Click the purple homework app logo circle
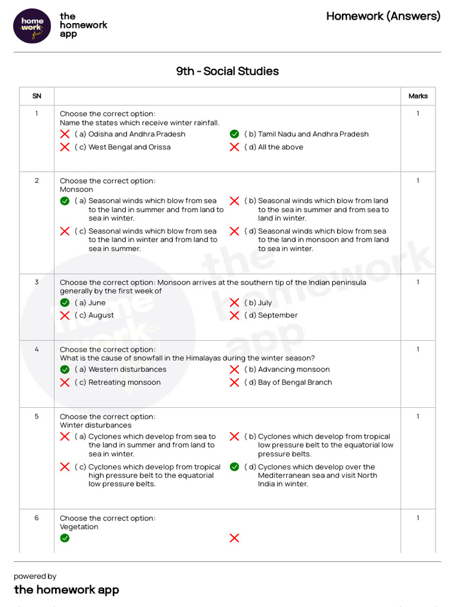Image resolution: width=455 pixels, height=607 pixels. click(32, 25)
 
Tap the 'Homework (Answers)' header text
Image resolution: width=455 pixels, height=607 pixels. click(383, 16)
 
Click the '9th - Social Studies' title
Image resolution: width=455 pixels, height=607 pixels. click(227, 71)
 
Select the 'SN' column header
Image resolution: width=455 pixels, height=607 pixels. click(37, 96)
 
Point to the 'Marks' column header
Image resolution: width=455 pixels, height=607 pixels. click(418, 96)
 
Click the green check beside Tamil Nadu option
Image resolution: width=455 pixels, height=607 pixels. click(235, 134)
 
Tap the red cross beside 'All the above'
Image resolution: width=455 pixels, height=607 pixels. click(235, 147)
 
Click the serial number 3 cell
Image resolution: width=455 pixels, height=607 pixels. click(37, 282)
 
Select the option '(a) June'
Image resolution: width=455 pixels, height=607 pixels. click(90, 303)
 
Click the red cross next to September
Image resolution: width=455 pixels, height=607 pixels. click(235, 315)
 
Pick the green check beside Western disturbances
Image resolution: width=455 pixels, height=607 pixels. click(65, 369)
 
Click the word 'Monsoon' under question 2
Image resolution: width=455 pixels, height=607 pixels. click(76, 190)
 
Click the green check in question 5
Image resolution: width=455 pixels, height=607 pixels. click(235, 467)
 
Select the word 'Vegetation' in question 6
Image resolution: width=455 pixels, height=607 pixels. click(79, 527)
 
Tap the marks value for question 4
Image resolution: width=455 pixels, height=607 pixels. click(418, 350)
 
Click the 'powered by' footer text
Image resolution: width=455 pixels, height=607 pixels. click(35, 576)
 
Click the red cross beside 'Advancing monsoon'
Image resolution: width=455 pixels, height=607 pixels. click(235, 369)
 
